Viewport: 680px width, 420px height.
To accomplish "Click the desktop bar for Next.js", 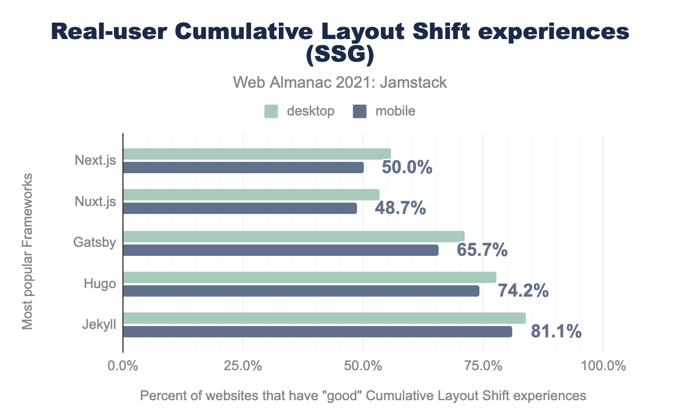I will [257, 154].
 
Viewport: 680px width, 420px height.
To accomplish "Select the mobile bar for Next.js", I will [243, 168].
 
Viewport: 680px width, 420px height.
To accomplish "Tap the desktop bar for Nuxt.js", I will [251, 195].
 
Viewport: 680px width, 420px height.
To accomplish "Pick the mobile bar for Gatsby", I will [280, 250].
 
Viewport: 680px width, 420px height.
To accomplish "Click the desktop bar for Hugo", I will [309, 277].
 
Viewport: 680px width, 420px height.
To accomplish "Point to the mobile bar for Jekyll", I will [317, 332].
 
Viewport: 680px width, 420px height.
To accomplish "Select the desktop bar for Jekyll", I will [324, 318].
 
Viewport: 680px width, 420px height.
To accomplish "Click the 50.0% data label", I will [407, 168].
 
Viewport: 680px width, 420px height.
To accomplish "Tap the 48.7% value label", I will [400, 208].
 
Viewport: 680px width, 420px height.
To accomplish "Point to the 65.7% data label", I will [482, 250].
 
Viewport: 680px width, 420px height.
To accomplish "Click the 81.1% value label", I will [556, 332].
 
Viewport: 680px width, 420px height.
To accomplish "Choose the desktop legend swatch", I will [271, 112].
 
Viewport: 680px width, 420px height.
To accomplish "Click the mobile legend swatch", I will [359, 112].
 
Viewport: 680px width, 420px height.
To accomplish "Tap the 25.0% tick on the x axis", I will [243, 366].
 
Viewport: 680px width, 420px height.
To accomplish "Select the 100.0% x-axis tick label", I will [603, 366].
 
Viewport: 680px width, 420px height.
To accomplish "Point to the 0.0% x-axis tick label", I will [123, 366].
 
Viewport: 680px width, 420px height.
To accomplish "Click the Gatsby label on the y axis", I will [95, 243].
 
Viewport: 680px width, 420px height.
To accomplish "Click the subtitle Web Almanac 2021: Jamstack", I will [340, 83].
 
